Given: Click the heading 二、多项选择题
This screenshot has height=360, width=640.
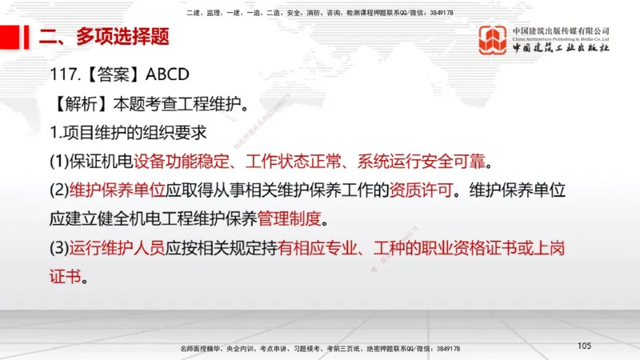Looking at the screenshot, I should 105,37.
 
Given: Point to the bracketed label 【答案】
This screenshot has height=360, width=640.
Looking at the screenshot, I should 111,74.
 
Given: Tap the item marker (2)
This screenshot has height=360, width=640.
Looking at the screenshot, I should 59,190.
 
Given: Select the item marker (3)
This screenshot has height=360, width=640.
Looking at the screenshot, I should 59,247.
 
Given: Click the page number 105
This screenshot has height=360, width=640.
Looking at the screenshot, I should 583,346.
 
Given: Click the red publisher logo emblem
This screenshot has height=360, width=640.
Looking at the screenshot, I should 493,41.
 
